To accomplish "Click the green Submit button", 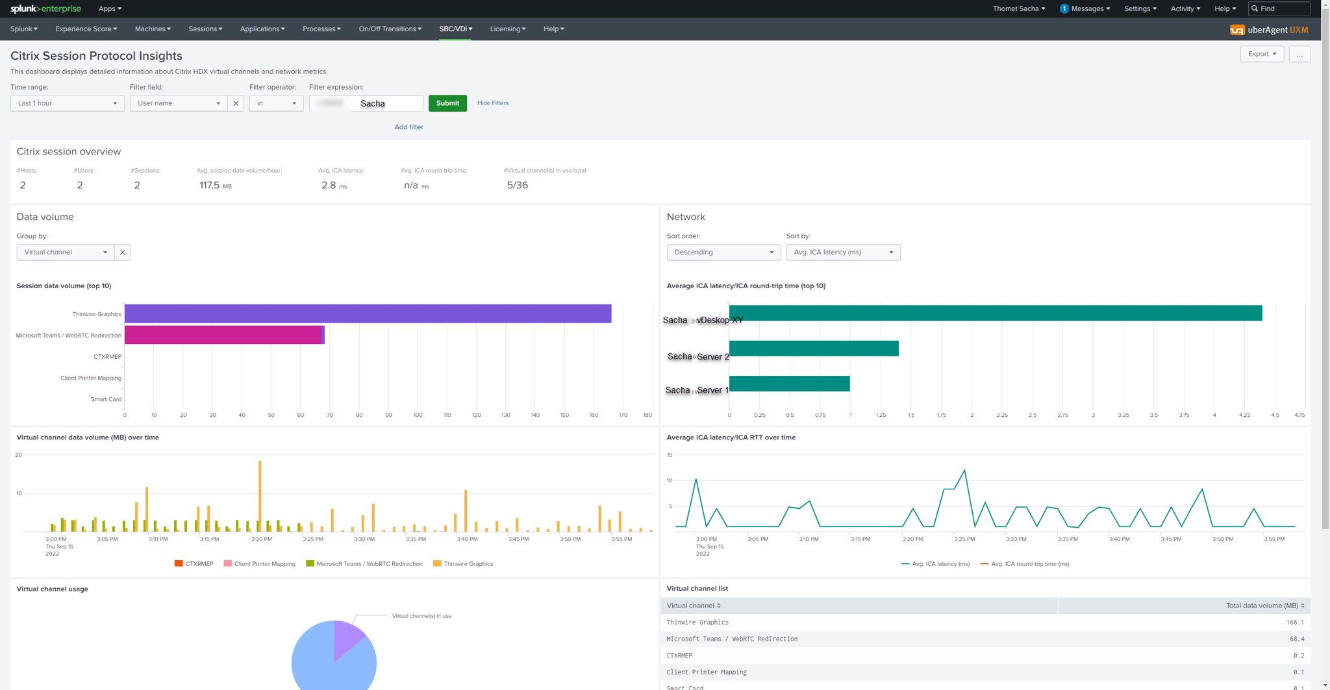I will pos(447,103).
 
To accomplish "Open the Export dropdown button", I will pos(1261,54).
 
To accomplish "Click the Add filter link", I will pos(408,127).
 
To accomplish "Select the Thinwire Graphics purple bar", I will pos(368,314).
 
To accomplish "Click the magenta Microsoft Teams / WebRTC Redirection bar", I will pos(223,335).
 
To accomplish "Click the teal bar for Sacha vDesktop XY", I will pos(995,313).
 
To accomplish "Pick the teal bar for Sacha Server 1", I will pos(789,384).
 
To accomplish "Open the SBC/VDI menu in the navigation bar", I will pos(455,29).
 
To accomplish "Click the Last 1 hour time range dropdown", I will pos(67,103).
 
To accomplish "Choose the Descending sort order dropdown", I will pos(723,252).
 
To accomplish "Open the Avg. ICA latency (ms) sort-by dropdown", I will pos(842,252).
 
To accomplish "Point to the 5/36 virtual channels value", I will pos(517,186).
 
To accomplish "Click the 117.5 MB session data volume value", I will pos(210,186).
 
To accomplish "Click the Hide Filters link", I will pos(492,103).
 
